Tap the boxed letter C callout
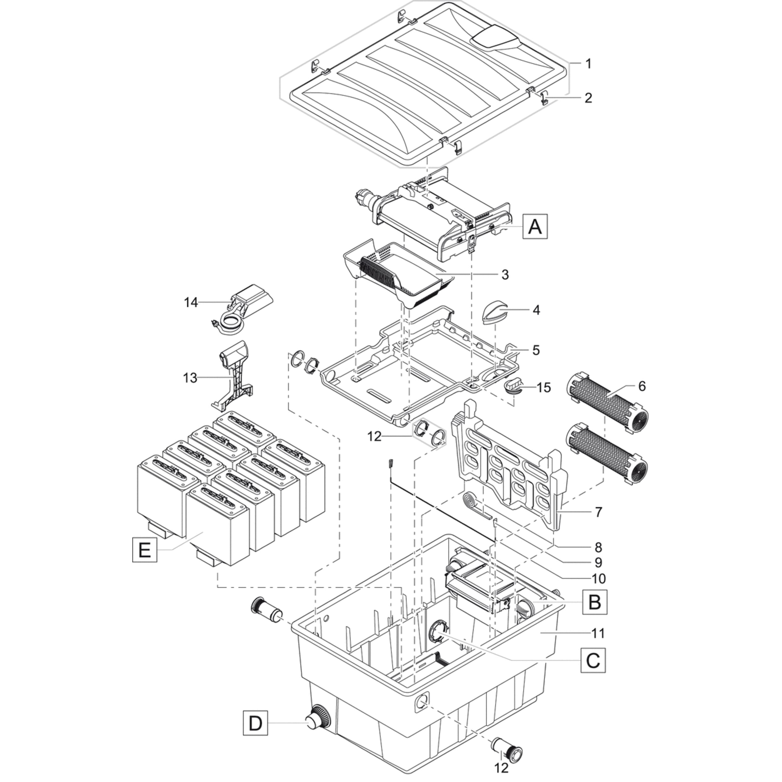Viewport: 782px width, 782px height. coord(593,661)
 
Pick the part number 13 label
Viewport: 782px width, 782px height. coord(190,378)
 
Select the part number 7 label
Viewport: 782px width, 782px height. coord(599,512)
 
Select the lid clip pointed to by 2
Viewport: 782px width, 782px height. coord(544,98)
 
